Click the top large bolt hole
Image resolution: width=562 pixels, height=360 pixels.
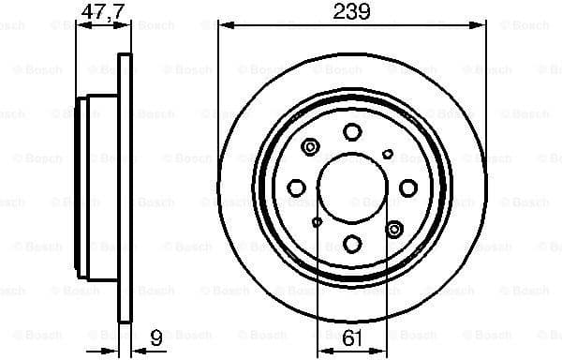[352, 132]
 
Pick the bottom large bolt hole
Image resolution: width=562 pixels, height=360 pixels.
[352, 244]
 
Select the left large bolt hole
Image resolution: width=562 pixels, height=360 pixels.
[296, 188]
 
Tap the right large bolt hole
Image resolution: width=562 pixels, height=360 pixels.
[407, 188]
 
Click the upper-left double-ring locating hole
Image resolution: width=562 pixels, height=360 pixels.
[312, 147]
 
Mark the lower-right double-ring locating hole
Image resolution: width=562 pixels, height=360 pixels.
[393, 228]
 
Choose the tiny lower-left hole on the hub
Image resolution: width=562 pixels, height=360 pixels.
[317, 222]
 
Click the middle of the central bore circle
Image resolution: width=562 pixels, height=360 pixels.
[352, 188]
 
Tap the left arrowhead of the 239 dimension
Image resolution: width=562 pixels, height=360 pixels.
[223, 27]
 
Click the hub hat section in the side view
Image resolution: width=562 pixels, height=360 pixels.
[99, 188]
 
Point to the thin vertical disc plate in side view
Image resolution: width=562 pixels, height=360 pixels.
[123, 187]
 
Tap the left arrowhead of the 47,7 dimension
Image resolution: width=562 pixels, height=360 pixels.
[80, 27]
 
